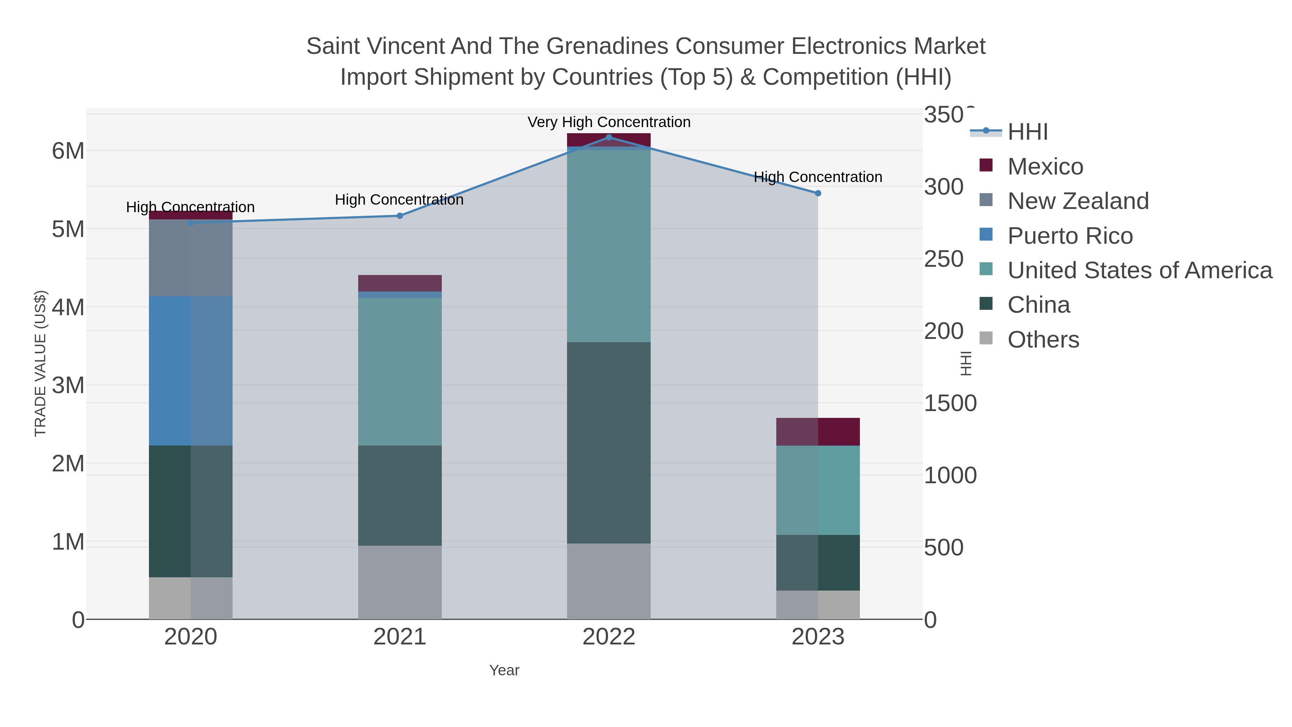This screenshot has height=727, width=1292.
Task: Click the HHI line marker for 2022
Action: point(609,138)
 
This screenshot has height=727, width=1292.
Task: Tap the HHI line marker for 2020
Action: point(191,223)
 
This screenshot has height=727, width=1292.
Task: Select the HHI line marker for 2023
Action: point(818,193)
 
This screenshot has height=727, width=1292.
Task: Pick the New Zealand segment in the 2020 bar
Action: point(191,258)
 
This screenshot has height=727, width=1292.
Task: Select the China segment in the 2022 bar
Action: point(609,443)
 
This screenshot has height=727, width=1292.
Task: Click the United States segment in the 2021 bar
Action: point(400,371)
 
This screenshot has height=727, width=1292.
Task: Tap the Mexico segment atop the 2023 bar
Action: point(818,432)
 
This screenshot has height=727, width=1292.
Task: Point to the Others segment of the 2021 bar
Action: point(400,582)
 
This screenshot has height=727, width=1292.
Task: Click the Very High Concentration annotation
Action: point(609,122)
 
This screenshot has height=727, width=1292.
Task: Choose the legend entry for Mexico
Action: point(1045,167)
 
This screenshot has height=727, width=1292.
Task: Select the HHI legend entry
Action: point(1027,132)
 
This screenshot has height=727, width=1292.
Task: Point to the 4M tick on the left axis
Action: point(68,307)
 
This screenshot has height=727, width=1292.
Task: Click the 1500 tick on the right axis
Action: point(950,404)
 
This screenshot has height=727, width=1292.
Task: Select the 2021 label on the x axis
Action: point(400,637)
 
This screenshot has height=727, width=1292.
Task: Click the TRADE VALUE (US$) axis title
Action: point(41,363)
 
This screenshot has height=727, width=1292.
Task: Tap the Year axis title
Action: point(504,670)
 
